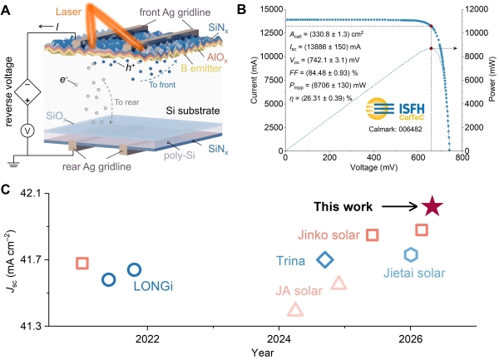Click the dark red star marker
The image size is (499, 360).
pyautogui.click(x=432, y=206)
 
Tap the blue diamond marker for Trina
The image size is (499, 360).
pyautogui.click(x=325, y=254)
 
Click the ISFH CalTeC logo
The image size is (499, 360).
pyautogui.click(x=395, y=109)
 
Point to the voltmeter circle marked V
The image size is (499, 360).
pyautogui.click(x=27, y=131)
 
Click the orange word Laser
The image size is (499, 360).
pyautogui.click(x=68, y=12)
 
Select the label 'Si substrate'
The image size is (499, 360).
pyautogui.click(x=193, y=111)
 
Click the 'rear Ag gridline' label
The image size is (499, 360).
pyautogui.click(x=96, y=166)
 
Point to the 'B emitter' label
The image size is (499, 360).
pyautogui.click(x=201, y=68)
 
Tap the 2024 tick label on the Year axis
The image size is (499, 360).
pyautogui.click(x=279, y=339)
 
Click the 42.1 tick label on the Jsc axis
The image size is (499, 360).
pyautogui.click(x=32, y=193)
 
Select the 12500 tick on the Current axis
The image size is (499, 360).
pyautogui.click(x=271, y=32)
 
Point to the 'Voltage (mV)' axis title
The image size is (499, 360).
pyautogui.click(x=374, y=167)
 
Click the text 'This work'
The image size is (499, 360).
pyautogui.click(x=343, y=207)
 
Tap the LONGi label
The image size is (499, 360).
pyautogui.click(x=153, y=286)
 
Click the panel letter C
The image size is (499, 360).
pyautogui.click(x=6, y=190)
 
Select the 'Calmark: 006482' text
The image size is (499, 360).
pyautogui.click(x=396, y=129)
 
